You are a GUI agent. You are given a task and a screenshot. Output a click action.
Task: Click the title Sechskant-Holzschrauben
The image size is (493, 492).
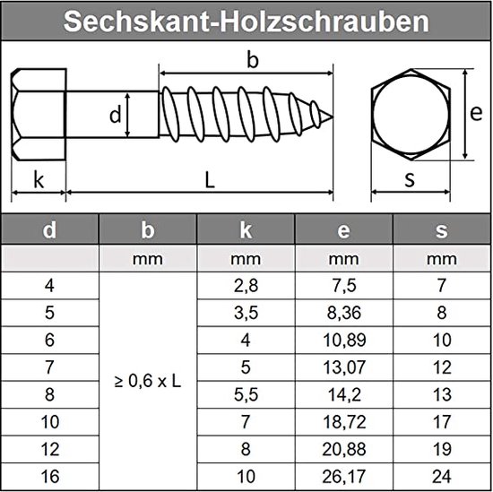(246, 22)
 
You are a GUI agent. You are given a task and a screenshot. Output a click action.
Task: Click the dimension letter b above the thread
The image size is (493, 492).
(253, 61)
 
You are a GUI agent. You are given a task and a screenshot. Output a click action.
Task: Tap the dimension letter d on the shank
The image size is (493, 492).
(115, 115)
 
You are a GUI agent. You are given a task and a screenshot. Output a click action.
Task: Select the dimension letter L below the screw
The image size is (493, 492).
(209, 179)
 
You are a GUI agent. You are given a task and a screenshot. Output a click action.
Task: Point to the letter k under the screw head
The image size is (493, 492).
(39, 179)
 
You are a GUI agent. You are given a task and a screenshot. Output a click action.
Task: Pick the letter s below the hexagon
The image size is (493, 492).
(410, 178)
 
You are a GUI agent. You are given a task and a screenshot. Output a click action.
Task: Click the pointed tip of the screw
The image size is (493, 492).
(333, 115)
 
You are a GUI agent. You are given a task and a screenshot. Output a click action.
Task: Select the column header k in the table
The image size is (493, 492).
(245, 230)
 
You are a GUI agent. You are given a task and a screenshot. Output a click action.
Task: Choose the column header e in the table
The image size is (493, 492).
(343, 230)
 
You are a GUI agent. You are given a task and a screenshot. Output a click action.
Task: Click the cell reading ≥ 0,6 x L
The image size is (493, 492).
(148, 380)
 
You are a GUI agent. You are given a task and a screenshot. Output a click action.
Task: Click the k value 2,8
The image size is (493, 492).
(245, 287)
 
